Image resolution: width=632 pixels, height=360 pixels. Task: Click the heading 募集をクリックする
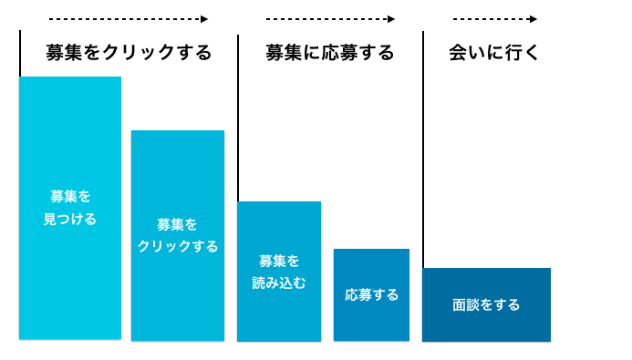[x=129, y=52]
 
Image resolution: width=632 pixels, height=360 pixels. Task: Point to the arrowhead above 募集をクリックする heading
[x=204, y=18]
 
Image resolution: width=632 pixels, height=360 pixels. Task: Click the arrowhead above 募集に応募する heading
[x=391, y=18]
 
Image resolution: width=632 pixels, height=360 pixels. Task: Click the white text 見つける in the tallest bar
[x=70, y=219]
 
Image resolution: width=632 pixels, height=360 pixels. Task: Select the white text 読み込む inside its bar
[x=279, y=283]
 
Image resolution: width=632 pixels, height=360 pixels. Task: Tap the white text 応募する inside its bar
[x=371, y=294]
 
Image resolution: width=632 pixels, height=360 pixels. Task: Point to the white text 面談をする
[x=486, y=304]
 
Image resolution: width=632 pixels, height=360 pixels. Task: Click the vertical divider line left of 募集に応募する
[x=238, y=118]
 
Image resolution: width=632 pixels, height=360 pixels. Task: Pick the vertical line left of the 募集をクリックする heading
[x=20, y=53]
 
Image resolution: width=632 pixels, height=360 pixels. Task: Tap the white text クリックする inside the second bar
[x=178, y=246]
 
